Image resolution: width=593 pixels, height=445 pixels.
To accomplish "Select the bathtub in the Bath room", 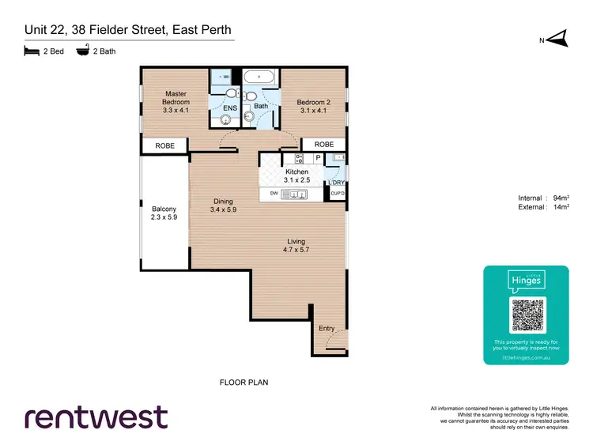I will [x=259, y=77].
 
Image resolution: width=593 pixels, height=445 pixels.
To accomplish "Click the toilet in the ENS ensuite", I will [x=230, y=92].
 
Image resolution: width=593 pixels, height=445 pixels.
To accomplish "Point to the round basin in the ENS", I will [x=225, y=120].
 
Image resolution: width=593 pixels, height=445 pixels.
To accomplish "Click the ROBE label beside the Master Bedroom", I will [x=164, y=145].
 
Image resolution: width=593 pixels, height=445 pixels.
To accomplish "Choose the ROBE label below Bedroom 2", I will [x=324, y=145].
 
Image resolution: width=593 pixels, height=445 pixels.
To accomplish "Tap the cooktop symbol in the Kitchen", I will [x=300, y=159].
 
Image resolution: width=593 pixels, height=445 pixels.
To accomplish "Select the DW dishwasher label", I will [x=274, y=194].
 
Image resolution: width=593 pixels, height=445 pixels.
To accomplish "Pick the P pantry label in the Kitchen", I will [x=319, y=158].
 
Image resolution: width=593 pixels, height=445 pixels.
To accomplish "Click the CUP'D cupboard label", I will [x=338, y=194].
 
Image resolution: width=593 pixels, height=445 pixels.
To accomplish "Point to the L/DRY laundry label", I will [x=337, y=183].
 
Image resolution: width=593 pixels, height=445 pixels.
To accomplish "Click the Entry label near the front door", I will [x=327, y=328].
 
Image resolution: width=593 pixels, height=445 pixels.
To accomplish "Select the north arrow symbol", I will [x=558, y=36].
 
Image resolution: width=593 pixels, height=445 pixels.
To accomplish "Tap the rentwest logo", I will [x=96, y=417].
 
